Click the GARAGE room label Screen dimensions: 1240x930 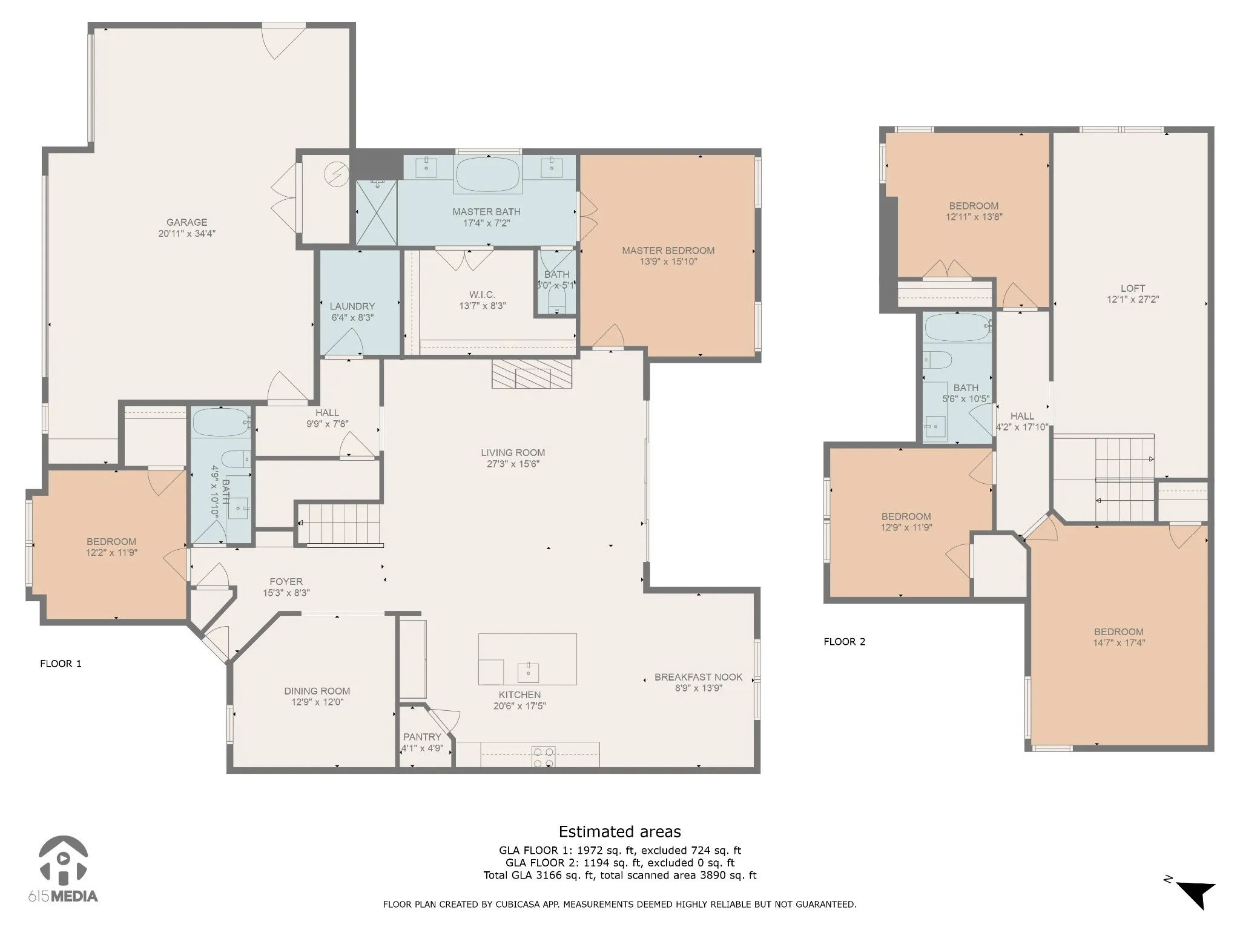click(x=187, y=222)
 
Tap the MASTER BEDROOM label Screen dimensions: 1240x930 click(x=668, y=250)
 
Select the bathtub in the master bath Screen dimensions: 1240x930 click(x=487, y=175)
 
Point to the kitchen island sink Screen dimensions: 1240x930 click(x=528, y=673)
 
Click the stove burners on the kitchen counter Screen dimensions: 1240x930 click(x=543, y=757)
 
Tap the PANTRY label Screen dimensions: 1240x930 click(x=422, y=737)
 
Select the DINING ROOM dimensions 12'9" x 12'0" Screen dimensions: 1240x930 click(x=317, y=702)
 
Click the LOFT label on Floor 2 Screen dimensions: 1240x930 click(x=1133, y=288)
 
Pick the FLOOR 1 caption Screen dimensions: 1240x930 click(x=61, y=664)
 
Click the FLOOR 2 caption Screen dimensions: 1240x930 click(x=845, y=642)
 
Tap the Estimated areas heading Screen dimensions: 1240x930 click(x=619, y=832)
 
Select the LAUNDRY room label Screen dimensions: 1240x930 click(x=352, y=306)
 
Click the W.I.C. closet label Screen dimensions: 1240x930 click(x=482, y=295)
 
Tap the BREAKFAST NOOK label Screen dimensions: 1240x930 click(x=698, y=677)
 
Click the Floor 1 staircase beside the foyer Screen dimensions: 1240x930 click(x=340, y=524)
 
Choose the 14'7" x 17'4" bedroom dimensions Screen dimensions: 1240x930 click(x=1119, y=643)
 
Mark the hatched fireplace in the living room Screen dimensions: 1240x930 click(x=532, y=374)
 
